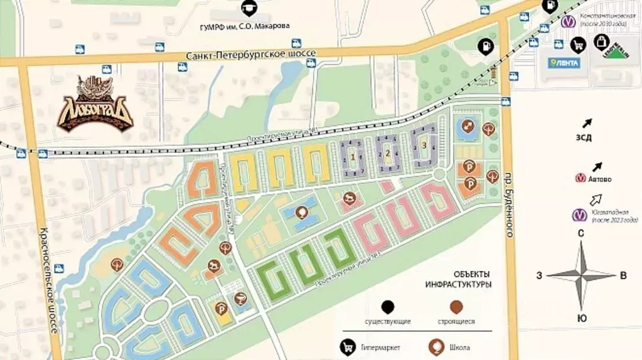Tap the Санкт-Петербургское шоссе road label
250,55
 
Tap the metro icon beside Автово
580,179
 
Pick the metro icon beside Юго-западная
579,216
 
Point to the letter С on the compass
581,233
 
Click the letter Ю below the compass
582,319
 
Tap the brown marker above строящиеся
456,307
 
